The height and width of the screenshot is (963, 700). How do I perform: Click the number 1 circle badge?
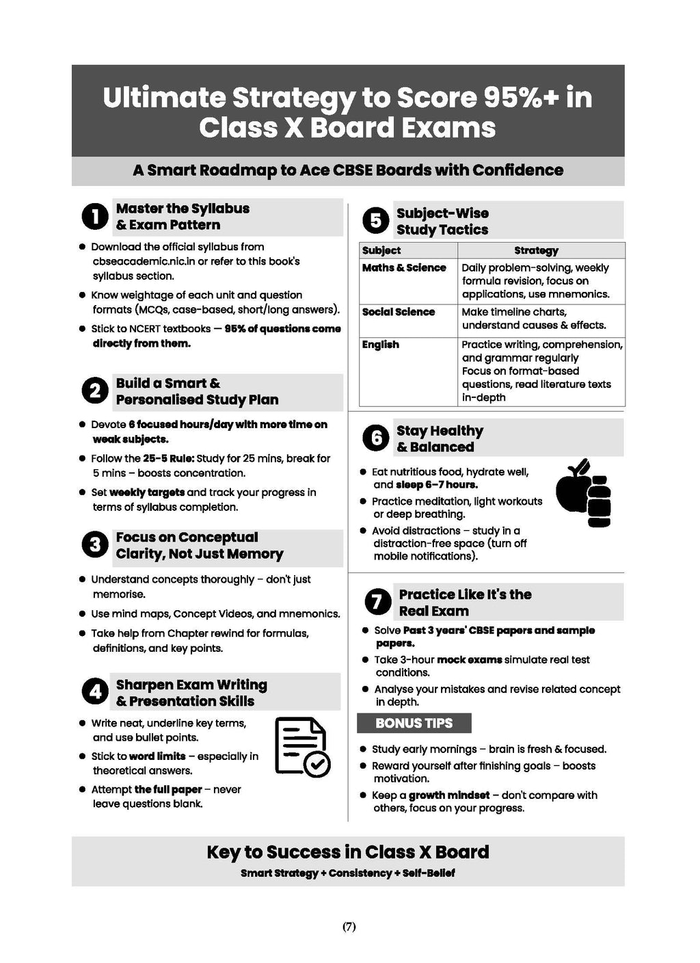coord(95,217)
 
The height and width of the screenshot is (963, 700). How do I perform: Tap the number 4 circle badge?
coord(95,692)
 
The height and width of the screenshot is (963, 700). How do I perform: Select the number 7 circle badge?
coord(375,602)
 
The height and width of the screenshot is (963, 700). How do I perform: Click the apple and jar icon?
coord(583,493)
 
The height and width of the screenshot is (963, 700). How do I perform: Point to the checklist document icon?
coord(302,746)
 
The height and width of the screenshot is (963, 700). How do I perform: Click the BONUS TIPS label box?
coord(414,724)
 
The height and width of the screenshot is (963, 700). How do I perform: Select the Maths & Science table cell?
coord(404,268)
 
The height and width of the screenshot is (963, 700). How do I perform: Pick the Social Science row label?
coord(399,312)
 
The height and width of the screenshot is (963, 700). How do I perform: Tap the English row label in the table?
coord(381,345)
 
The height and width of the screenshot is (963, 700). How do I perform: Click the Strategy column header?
coord(536,251)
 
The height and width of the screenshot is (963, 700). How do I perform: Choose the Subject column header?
coord(381,251)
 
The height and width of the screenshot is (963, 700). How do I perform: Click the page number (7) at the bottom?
coord(349,927)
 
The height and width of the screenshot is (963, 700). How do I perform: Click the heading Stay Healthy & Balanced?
coord(440,438)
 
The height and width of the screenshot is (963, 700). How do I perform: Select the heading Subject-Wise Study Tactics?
coord(442,221)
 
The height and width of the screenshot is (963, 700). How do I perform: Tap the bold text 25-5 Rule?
coord(168,458)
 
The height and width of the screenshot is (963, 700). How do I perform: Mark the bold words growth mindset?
coord(449,795)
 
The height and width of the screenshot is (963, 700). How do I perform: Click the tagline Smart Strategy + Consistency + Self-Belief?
coord(348,873)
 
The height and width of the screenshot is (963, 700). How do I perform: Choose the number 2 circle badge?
coord(95,391)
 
